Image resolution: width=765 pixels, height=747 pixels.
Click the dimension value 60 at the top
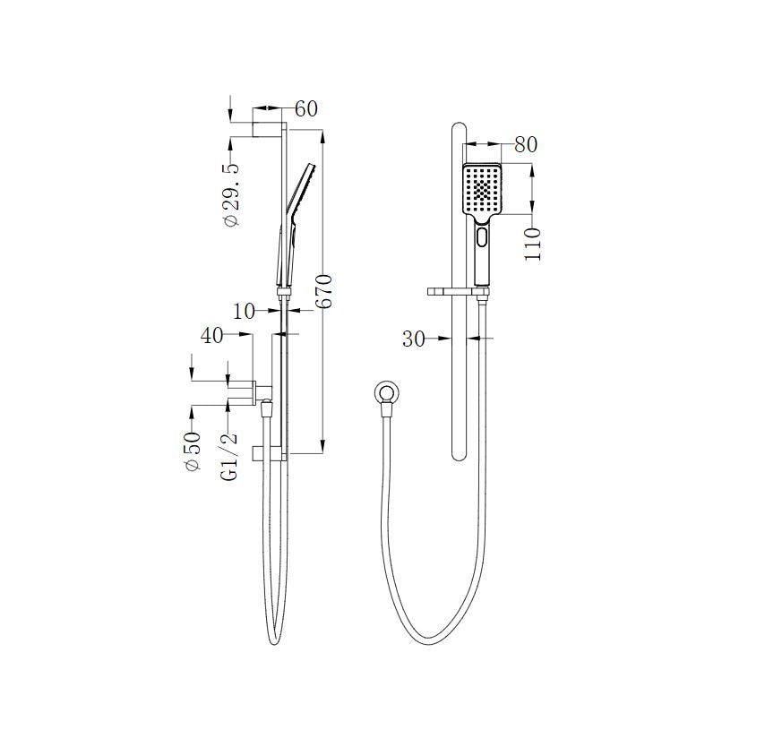click(x=306, y=108)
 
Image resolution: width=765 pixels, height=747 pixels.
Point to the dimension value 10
click(x=245, y=311)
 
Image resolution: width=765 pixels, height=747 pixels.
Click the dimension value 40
click(x=211, y=336)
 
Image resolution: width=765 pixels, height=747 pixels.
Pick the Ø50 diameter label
click(x=192, y=452)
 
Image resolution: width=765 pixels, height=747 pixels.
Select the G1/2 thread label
click(x=230, y=456)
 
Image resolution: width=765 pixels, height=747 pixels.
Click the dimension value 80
click(x=525, y=144)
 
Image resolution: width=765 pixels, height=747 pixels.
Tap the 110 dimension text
click(x=535, y=244)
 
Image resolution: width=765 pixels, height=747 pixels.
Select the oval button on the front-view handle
click(x=484, y=238)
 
